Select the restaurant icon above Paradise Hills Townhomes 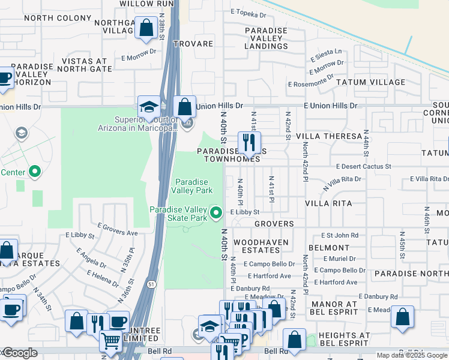[246, 143]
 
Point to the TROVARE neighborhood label [193, 44]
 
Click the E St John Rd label [340, 236]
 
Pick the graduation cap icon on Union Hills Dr [148, 107]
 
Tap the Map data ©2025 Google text [412, 355]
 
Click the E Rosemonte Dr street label [310, 85]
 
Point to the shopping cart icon [110, 341]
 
